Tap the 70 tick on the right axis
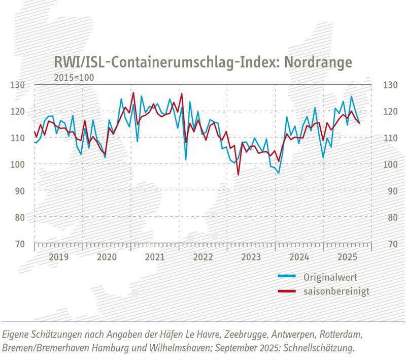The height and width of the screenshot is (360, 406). click(x=389, y=244)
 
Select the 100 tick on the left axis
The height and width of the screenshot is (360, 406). click(x=18, y=165)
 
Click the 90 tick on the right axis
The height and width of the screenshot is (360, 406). click(x=389, y=191)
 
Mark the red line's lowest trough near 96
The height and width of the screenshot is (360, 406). click(x=238, y=175)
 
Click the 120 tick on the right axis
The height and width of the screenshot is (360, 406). click(x=389, y=111)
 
